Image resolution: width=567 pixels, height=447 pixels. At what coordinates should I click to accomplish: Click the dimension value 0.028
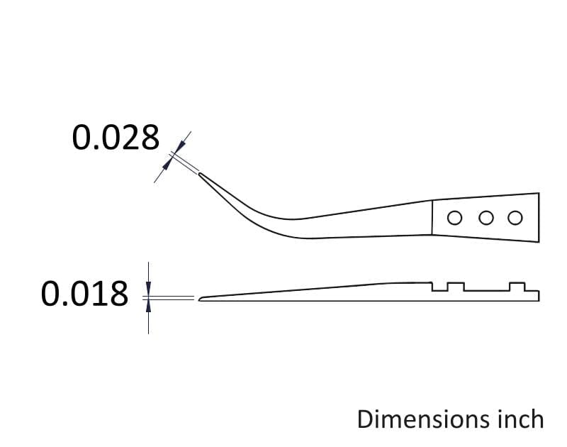click(x=116, y=138)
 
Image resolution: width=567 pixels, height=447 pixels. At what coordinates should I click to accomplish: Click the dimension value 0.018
click(x=84, y=294)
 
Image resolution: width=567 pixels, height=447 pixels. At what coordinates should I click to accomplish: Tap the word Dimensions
click(x=420, y=419)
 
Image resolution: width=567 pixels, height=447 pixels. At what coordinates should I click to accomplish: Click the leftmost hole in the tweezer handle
click(x=454, y=218)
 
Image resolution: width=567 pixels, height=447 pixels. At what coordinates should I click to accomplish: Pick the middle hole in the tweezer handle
click(x=486, y=218)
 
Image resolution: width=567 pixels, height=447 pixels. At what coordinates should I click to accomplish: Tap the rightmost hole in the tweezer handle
click(x=515, y=218)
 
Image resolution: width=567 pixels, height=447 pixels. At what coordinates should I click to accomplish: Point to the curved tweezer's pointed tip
click(x=199, y=174)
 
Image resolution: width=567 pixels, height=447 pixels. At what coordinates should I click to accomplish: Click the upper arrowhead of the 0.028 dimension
click(x=181, y=145)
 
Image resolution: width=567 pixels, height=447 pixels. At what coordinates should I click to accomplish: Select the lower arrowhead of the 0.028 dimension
click(x=166, y=165)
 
